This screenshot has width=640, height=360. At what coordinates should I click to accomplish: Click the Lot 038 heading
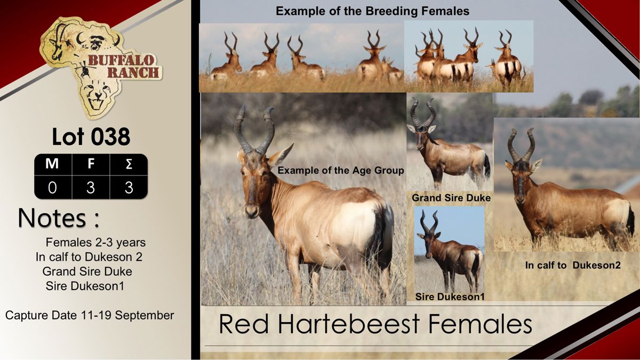[x=91, y=137]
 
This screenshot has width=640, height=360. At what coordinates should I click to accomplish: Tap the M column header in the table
[x=52, y=164]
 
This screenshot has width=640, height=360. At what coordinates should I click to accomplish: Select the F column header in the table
[x=91, y=164]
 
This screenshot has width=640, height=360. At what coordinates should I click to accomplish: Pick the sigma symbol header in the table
[x=129, y=164]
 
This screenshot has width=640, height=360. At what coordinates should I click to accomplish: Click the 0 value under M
[x=52, y=188]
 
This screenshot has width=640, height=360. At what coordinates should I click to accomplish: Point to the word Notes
[x=52, y=218]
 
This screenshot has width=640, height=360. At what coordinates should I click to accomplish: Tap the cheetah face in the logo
[x=97, y=94]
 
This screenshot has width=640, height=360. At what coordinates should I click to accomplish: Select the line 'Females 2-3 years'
[x=95, y=242]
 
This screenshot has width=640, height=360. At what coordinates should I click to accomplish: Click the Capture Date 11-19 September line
[x=90, y=315]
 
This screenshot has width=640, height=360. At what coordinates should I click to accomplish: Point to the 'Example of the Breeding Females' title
[x=372, y=11]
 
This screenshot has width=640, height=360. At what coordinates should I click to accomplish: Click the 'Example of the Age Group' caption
[x=341, y=171]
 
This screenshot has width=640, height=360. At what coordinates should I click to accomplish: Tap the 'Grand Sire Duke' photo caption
[x=451, y=198]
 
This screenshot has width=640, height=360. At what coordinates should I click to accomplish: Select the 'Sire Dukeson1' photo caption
[x=450, y=297]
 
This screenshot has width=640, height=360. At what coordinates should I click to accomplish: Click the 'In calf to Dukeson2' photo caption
[x=573, y=265]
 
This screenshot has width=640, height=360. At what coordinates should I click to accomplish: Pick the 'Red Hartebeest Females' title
[x=375, y=324]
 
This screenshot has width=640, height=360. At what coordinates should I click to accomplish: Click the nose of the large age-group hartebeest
[x=251, y=211]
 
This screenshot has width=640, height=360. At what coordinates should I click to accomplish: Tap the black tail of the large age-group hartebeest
[x=386, y=237]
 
